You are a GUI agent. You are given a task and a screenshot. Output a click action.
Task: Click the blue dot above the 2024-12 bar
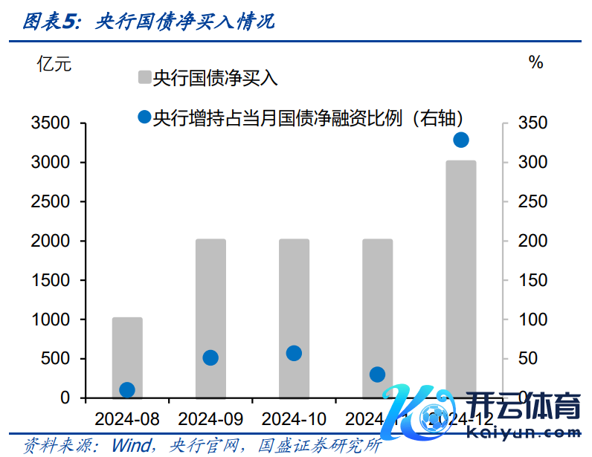460,140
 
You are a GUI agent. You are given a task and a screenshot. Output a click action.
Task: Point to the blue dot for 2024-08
127,389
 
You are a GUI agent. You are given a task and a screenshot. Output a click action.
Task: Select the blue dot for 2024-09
210,357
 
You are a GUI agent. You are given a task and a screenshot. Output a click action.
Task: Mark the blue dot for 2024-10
294,353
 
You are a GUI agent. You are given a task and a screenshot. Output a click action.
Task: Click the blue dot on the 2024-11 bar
377,374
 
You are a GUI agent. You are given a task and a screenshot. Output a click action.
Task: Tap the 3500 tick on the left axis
50,123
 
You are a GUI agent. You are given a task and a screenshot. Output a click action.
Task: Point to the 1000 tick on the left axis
50,320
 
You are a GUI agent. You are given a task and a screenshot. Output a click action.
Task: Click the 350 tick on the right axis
532,123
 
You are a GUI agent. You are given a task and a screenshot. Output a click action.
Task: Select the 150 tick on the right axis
532,280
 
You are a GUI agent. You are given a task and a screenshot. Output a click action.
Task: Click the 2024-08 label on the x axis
127,418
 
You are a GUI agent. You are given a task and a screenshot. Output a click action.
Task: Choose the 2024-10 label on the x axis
294,418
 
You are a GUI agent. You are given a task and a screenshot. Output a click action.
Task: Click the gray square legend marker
144,77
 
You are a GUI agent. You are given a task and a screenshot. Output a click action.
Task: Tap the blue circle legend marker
144,117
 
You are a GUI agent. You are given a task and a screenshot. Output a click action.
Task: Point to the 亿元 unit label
54,63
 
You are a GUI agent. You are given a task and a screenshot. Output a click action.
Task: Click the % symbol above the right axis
535,63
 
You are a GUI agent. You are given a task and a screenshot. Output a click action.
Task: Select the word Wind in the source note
131,445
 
